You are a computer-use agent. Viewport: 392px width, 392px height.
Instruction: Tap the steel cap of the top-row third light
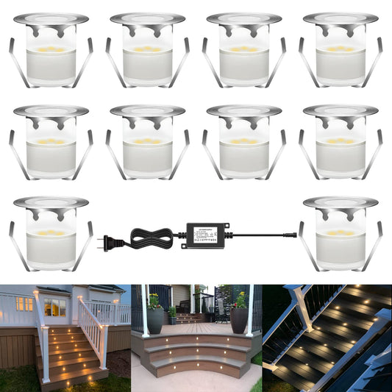click(x=243, y=18)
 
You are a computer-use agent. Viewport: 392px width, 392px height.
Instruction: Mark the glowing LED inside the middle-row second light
click(x=147, y=140)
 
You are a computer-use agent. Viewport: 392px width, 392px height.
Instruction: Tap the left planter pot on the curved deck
click(x=155, y=321)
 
